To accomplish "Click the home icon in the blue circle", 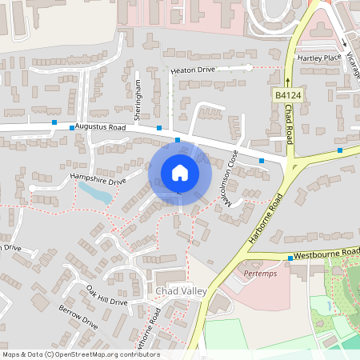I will [x=179, y=173].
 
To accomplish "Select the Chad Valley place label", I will [x=182, y=290].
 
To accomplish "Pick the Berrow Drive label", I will [x=78, y=318].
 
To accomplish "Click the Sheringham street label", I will [x=138, y=99].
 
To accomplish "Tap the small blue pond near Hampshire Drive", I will [x=94, y=192].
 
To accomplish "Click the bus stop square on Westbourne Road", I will [x=290, y=258].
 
